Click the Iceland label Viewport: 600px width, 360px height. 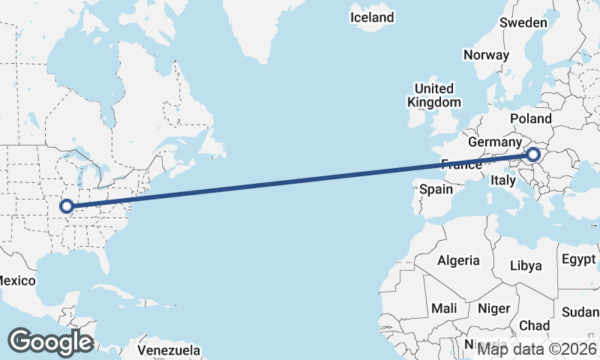point(372,17)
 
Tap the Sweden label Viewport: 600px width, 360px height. point(523,23)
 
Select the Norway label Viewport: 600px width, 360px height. point(486,55)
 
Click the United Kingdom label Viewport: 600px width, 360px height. point(434,95)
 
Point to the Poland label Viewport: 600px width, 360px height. point(530,118)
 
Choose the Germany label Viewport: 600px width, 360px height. point(493,142)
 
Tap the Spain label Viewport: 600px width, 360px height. point(436,189)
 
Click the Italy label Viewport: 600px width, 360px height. point(502,180)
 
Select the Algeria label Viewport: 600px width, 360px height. point(458,260)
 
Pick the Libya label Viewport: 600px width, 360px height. point(525,265)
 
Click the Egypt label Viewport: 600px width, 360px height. point(577,260)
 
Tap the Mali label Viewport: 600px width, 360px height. point(443,308)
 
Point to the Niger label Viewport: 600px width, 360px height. point(493,308)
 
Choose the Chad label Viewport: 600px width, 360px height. point(534,325)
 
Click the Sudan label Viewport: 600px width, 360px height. point(582,311)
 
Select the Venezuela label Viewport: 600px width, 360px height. point(169,350)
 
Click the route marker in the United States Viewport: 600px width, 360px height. point(67,205)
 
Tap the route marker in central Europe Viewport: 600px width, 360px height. point(532,155)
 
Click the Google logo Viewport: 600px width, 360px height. point(50,342)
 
